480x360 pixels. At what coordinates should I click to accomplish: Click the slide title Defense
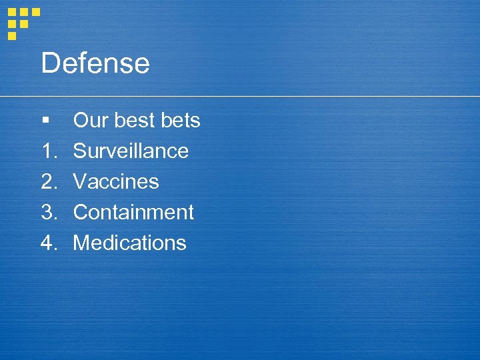(95, 64)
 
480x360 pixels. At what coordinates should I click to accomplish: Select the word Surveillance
(131, 151)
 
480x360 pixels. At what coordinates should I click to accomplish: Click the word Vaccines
(116, 182)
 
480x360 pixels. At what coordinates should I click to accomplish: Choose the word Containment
(133, 213)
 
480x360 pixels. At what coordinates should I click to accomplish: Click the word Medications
(129, 243)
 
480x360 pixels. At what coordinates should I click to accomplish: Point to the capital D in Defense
(49, 64)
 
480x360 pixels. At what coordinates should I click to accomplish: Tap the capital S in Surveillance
(80, 151)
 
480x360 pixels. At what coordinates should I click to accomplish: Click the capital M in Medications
(81, 243)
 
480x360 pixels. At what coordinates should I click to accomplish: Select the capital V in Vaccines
(80, 182)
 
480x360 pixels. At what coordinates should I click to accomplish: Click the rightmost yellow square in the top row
(36, 12)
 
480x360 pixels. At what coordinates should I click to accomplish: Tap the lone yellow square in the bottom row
(12, 35)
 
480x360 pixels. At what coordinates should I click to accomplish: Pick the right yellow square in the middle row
(24, 23)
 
